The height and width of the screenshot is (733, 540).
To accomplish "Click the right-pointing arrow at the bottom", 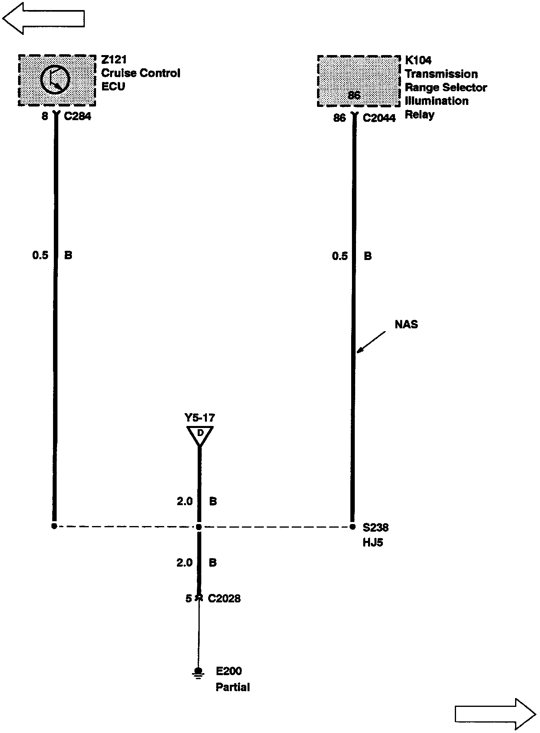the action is pos(495,713).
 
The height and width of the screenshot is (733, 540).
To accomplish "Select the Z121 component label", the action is pos(114,60).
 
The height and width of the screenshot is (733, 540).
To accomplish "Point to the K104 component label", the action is pos(418,60).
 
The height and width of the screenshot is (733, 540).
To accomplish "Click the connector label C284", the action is pos(78,117).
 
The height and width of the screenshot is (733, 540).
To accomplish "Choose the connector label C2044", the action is pos(379,118).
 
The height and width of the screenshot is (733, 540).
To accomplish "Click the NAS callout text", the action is pos(406,324).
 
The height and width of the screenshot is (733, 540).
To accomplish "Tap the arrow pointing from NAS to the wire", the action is pos(371,342).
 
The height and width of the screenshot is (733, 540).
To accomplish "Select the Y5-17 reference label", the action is pos(200,418).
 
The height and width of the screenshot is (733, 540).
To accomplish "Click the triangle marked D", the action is pos(200,435).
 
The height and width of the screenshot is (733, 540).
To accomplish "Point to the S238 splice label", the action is pos(376,527).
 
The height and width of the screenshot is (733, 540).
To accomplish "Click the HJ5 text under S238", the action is pos(373,542).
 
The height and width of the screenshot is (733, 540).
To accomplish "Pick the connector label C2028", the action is pos(224,598).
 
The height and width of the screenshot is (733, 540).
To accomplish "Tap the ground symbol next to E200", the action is pos(198,672).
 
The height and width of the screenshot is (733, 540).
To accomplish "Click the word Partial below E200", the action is pos(233,687).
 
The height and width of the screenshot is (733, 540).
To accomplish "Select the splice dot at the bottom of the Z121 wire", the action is pos(54,526).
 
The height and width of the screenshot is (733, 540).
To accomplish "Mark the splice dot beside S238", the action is pos(352,526).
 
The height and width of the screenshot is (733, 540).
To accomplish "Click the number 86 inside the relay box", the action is pos(354,96).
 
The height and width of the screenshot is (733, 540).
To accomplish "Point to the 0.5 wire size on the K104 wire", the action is pos(340,256).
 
